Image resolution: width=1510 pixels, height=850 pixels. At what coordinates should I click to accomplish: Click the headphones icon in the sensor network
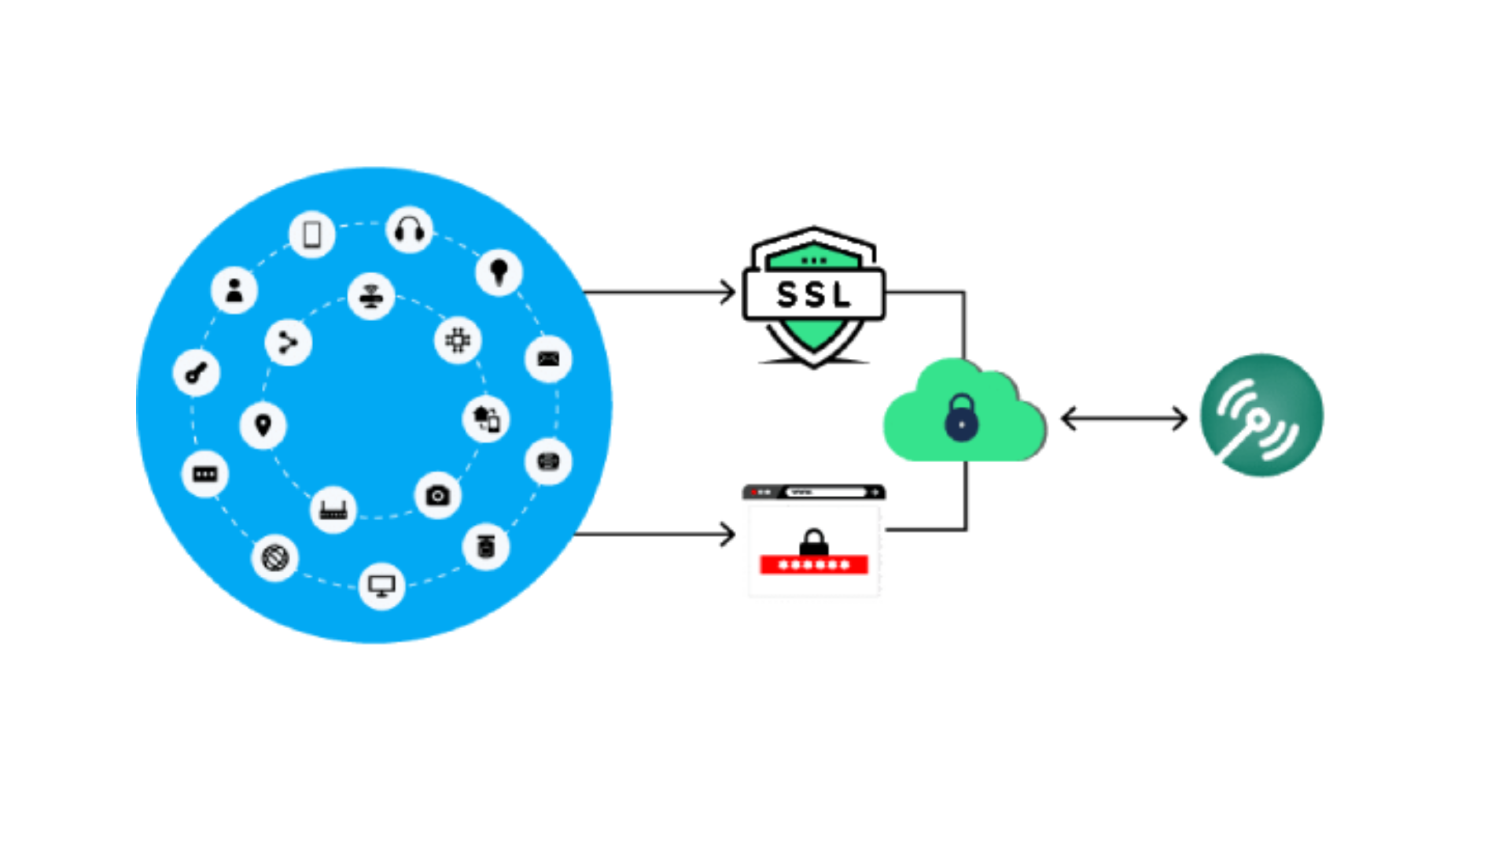click(409, 231)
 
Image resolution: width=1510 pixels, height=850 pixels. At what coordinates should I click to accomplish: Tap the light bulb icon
click(499, 272)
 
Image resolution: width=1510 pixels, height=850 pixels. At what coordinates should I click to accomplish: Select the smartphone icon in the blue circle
click(312, 234)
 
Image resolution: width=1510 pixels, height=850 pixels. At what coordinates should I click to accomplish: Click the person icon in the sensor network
click(234, 290)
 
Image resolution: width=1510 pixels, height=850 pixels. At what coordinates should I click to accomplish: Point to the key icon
click(196, 372)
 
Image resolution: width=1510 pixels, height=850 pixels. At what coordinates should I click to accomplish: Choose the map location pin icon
click(263, 426)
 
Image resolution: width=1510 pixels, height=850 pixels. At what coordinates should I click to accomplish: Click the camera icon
click(437, 496)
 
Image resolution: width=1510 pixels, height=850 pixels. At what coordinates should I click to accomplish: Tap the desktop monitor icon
click(381, 586)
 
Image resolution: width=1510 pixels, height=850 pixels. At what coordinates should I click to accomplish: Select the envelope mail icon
click(548, 359)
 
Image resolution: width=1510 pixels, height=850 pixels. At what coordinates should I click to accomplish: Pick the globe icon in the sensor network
click(274, 558)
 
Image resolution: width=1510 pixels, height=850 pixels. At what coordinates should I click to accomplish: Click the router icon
click(333, 511)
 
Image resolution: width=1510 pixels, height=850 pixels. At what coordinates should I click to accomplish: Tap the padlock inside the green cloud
click(961, 418)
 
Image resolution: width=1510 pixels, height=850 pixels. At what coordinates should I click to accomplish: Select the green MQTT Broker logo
click(1261, 415)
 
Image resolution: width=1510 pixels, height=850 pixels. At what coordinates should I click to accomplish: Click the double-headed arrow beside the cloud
click(1123, 419)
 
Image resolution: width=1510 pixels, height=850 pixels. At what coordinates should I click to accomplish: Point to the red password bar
click(813, 564)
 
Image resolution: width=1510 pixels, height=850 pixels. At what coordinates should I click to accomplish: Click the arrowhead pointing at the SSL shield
click(728, 293)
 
